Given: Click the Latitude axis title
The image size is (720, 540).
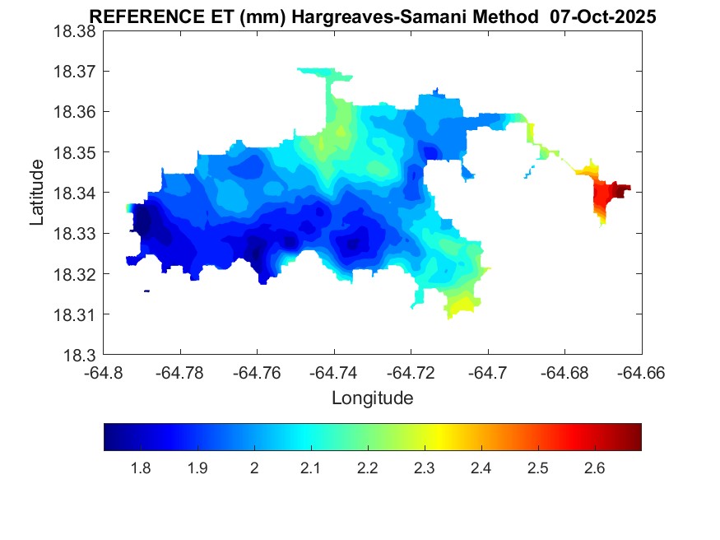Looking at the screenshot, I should (37, 193).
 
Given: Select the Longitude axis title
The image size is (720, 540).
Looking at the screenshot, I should (372, 398).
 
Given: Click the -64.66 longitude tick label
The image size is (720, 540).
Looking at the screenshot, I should (642, 372).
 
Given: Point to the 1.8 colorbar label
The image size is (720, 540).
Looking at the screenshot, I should (141, 468).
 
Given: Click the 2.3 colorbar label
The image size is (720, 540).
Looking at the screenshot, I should (424, 468).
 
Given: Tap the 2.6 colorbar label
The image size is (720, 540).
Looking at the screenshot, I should (594, 468).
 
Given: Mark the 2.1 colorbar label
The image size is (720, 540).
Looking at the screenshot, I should (310, 468).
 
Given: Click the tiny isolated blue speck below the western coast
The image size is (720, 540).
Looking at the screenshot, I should (146, 291).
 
